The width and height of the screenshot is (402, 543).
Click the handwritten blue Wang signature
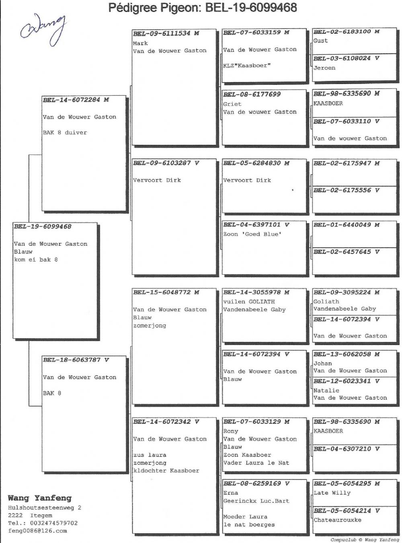(x=43, y=30)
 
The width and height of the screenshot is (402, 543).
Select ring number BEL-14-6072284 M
(x=76, y=100)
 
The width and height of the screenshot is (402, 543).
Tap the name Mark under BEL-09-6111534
(x=140, y=43)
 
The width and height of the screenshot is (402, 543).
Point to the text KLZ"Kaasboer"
(x=247, y=66)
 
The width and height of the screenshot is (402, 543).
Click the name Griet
(x=232, y=104)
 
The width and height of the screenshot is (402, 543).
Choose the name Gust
(x=320, y=41)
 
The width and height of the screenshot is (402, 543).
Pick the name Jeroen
(x=324, y=68)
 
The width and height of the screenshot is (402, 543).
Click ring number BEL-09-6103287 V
(x=166, y=163)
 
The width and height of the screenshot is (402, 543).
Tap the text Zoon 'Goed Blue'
(x=252, y=234)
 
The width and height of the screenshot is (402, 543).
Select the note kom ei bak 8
(x=36, y=259)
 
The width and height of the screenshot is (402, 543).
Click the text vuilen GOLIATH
(x=249, y=302)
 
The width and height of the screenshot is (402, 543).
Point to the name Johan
(x=323, y=363)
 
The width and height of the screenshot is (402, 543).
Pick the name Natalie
(x=326, y=391)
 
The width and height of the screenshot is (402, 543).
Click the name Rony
(x=230, y=431)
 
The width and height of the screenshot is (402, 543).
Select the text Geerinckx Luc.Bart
(x=256, y=501)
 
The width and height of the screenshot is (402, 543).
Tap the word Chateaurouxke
(x=337, y=520)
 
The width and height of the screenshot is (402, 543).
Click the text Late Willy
(x=332, y=493)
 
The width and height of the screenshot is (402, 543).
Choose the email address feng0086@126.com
(x=37, y=531)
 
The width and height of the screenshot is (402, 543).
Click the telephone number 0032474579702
(x=54, y=523)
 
